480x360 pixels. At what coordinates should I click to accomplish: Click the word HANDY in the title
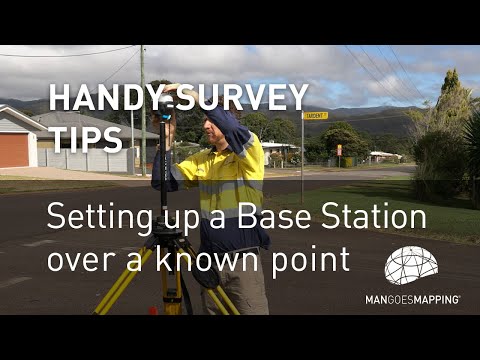(x=99, y=97)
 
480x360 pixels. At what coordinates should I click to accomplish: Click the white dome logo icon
(x=411, y=266)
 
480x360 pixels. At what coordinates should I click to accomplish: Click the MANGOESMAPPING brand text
(x=412, y=299)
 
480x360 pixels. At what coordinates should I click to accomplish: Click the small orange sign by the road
(x=338, y=149)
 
